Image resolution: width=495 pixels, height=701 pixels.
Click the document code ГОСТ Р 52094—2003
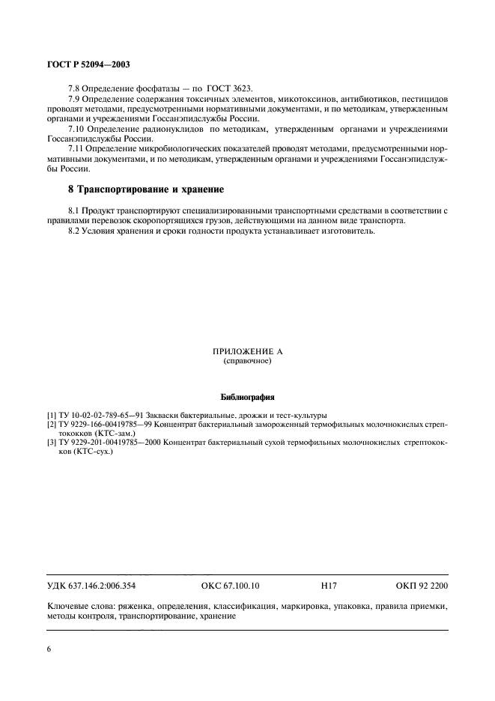click(89, 65)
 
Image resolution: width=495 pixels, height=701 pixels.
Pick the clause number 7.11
click(76, 150)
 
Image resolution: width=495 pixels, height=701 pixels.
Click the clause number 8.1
click(74, 211)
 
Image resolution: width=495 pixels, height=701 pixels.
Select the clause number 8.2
click(74, 231)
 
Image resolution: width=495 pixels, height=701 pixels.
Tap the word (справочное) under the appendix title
click(246, 361)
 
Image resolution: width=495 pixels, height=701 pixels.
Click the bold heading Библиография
click(246, 396)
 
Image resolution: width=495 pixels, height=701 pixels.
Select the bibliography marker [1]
click(51, 416)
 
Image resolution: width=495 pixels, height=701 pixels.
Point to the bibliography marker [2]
click(51, 425)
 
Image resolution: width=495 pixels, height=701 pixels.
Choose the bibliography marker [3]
click(51, 443)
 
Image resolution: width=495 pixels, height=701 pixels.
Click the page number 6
click(49, 649)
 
